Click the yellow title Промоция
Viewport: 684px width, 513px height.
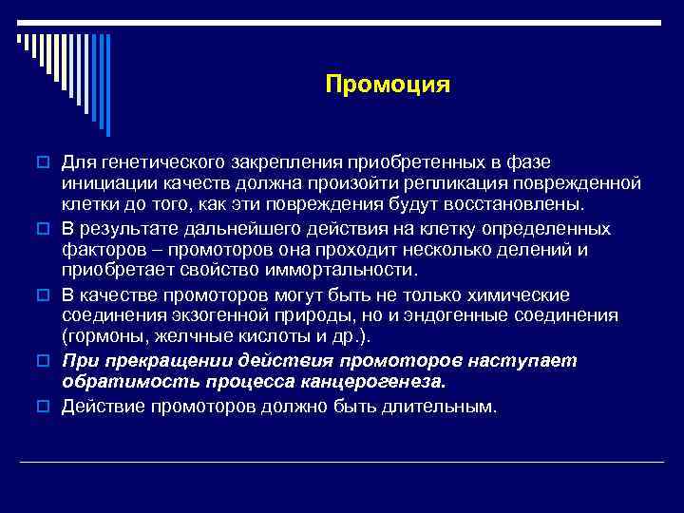click(387, 85)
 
